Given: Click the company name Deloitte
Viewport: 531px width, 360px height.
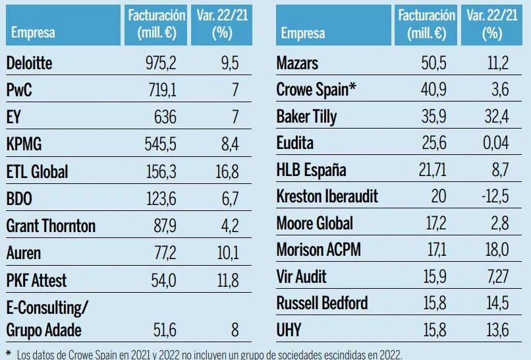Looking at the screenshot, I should pos(29,63).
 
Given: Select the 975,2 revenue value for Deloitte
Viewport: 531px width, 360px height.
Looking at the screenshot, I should pos(161,63).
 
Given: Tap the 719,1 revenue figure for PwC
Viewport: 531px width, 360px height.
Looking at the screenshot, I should pos(161,90).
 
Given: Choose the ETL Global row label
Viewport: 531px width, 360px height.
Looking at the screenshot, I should pos(37,172).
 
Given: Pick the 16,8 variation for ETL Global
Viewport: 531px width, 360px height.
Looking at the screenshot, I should pos(225,172).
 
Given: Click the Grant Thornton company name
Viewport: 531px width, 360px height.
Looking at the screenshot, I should pos(51,226).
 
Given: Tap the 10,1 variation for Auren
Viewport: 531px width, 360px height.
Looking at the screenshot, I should pos(226,253).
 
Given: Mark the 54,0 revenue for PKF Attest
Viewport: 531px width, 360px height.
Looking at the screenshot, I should pos(161,280).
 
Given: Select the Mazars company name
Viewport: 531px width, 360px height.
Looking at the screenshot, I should pos(297,63).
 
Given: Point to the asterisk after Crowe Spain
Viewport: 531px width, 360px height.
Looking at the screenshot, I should pos(354,88).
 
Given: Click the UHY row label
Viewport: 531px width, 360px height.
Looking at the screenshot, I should pos(289,329).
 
